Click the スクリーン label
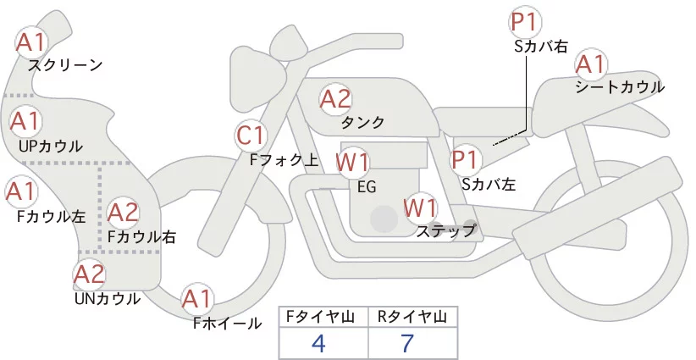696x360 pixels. [x=65, y=65]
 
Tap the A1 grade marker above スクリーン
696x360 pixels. [x=33, y=41]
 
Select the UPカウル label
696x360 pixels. [x=50, y=146]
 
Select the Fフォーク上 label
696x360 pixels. [x=284, y=158]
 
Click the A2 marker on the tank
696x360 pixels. [x=335, y=99]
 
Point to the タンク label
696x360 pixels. [x=362, y=123]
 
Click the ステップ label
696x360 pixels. [x=445, y=230]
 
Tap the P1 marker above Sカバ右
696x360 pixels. [x=526, y=23]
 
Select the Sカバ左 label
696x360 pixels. [x=489, y=182]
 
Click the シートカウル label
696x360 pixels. [x=620, y=87]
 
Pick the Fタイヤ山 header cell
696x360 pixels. [x=323, y=317]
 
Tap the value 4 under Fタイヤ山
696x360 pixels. [x=318, y=343]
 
